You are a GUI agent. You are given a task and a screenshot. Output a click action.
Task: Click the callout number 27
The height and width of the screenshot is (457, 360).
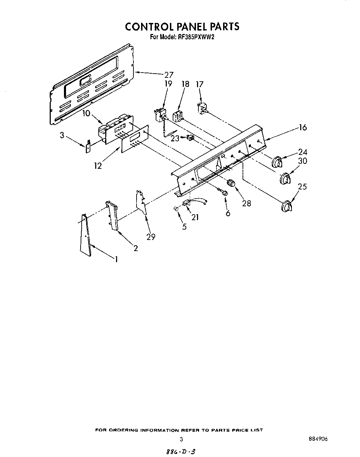pyautogui.click(x=169, y=74)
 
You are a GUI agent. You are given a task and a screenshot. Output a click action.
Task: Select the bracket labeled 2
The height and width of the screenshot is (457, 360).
pyautogui.click(x=112, y=216)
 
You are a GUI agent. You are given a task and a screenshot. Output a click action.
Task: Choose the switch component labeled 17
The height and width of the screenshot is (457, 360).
pyautogui.click(x=202, y=108)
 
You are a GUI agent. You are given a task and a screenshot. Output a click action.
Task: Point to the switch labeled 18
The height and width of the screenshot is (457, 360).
pyautogui.click(x=178, y=116)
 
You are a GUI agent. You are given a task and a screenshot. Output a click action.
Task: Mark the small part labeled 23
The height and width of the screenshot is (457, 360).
pyautogui.click(x=190, y=138)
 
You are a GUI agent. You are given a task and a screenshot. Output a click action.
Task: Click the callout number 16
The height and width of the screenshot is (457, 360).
pyautogui.click(x=303, y=127)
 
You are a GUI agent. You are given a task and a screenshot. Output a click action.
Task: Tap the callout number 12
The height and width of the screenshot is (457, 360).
pyautogui.click(x=98, y=166)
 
